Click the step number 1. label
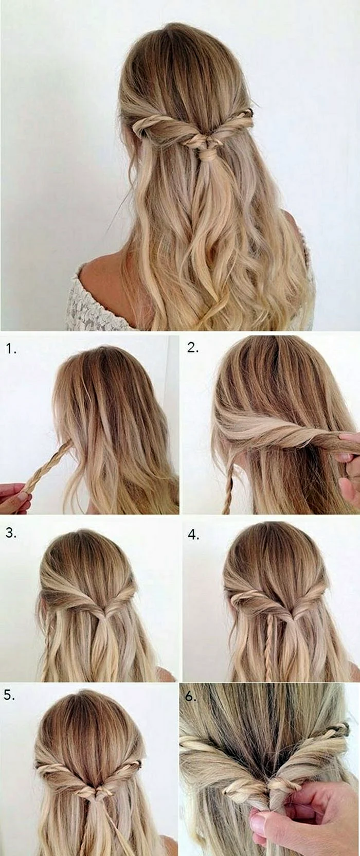click(11, 349)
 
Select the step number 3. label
click(11, 533)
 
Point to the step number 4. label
click(193, 535)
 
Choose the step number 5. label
click(10, 695)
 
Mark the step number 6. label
click(191, 696)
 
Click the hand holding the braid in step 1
click(14, 498)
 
